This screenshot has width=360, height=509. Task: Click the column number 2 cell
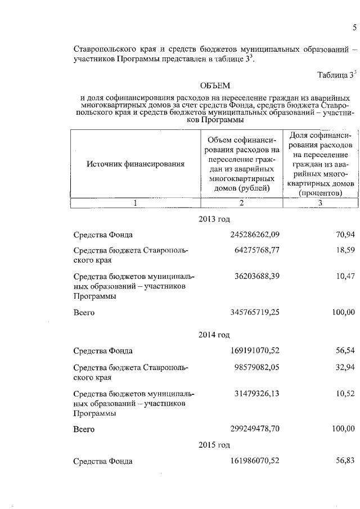pos(241,203)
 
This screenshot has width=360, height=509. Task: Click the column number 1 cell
pos(135,203)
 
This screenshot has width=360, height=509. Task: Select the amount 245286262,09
pos(255,235)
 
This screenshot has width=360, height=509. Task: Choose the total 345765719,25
pos(255,312)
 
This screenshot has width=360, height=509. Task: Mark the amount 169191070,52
pos(255,352)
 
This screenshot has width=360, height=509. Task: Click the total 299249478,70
pos(255,429)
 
